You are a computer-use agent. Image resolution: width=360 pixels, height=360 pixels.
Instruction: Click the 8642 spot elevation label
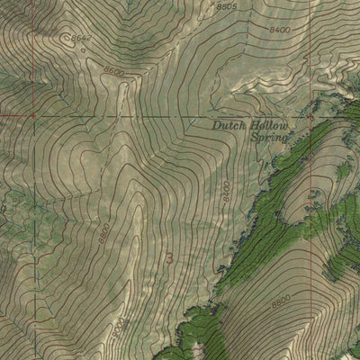tap(83, 37)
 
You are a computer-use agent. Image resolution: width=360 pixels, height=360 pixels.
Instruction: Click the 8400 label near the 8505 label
tap(280, 30)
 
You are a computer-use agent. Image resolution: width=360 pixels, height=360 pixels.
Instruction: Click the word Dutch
tap(229, 127)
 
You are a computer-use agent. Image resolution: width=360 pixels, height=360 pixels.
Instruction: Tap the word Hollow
tap(268, 127)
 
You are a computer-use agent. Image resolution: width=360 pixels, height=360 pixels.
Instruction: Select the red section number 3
tap(170, 258)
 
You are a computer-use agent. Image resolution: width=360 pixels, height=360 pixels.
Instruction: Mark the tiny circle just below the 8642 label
tap(82, 49)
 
